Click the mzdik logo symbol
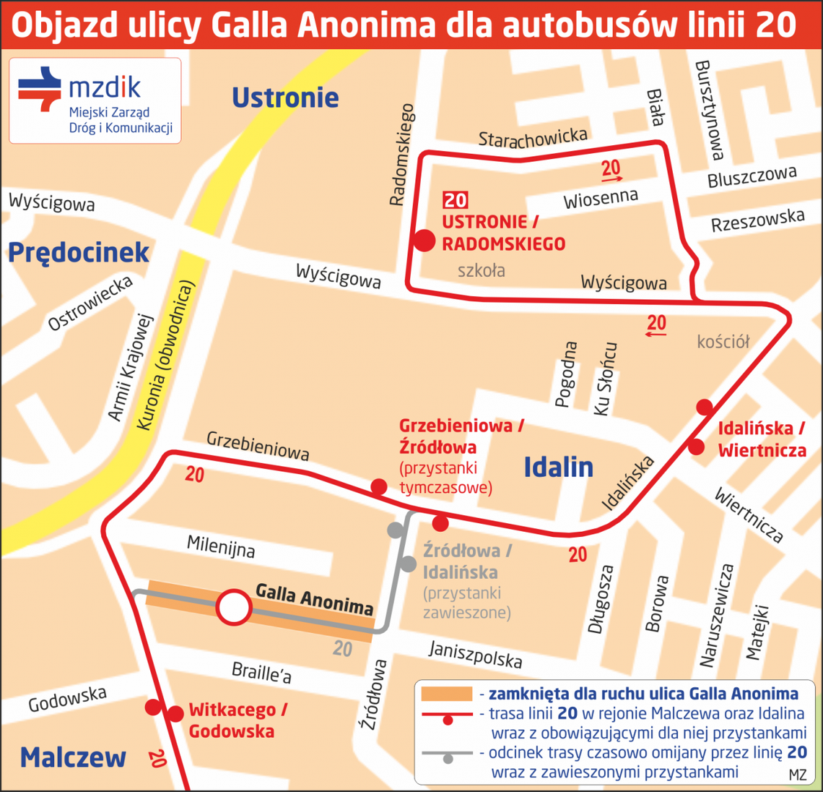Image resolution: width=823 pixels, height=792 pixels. click(40, 88)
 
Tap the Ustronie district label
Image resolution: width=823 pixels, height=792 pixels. click(285, 98)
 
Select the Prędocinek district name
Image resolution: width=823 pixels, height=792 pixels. click(78, 253)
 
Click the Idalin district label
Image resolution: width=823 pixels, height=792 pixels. click(558, 468)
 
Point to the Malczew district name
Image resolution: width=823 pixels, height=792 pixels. click(73, 757)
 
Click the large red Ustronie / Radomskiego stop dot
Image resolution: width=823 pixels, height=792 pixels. click(424, 241)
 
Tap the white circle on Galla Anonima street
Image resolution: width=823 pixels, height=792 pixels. click(234, 608)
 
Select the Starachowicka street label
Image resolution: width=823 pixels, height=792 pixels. click(533, 137)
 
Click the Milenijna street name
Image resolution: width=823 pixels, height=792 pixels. click(220, 547)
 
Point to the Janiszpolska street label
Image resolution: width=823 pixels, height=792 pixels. click(475, 654)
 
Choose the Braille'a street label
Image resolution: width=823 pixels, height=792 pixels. click(261, 673)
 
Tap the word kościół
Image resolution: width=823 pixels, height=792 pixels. click(723, 342)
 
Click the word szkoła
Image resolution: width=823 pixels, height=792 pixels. click(481, 271)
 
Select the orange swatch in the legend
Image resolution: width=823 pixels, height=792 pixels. click(446, 694)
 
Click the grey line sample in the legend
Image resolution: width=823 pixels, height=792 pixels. click(448, 754)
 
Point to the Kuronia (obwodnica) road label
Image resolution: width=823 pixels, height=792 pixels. click(165, 356)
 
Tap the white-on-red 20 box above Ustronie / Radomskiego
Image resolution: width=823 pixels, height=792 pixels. click(456, 200)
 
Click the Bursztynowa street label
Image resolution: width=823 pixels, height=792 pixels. click(708, 110)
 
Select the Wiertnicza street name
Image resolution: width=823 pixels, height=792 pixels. click(749, 515)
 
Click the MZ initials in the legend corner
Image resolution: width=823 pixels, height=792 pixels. click(797, 775)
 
